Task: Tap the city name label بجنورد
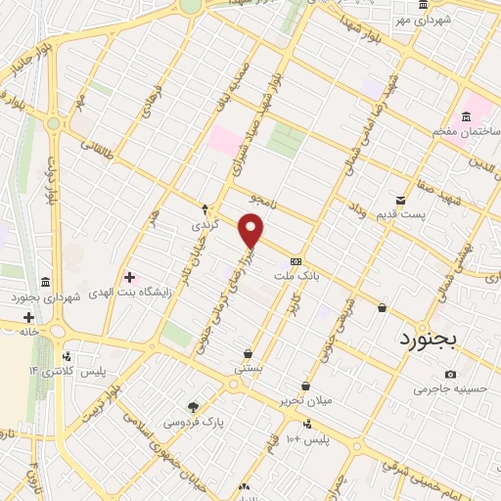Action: [435, 339]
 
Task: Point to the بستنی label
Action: [248, 369]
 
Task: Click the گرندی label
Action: [204, 225]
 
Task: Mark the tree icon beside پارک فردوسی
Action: [194, 407]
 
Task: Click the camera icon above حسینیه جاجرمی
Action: [450, 375]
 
